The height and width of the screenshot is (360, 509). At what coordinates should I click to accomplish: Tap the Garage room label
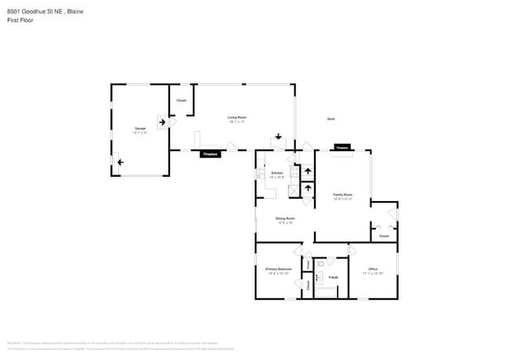click(x=140, y=128)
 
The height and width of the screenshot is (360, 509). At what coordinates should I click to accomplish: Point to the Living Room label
click(x=236, y=118)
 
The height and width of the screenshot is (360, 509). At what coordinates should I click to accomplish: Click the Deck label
click(x=331, y=119)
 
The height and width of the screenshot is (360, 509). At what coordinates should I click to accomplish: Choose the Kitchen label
click(x=276, y=174)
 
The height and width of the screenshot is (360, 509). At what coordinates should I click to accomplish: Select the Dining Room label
click(x=284, y=220)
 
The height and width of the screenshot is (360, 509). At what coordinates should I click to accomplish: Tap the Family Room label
click(x=342, y=196)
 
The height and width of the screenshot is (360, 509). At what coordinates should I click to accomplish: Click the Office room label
click(x=373, y=270)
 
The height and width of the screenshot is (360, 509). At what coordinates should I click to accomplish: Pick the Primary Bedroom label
click(x=279, y=270)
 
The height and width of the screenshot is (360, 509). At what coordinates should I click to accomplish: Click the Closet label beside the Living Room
click(x=181, y=101)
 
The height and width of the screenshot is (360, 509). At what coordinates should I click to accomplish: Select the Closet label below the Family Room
click(x=384, y=236)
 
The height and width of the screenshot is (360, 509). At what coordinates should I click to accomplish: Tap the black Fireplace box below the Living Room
click(x=210, y=154)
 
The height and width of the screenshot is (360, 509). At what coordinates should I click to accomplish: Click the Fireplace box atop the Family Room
click(x=341, y=147)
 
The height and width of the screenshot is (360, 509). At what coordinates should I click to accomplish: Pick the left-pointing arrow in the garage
click(x=120, y=162)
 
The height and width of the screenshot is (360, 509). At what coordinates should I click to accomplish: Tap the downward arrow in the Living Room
click(x=278, y=136)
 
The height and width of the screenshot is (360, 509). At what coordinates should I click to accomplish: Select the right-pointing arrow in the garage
click(x=163, y=121)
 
